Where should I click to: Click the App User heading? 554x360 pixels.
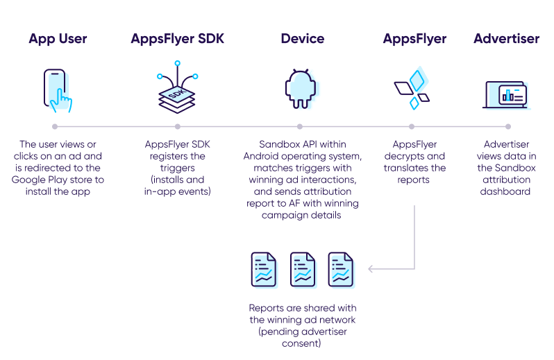(x=58, y=39)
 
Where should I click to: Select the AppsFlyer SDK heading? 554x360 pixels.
(x=177, y=39)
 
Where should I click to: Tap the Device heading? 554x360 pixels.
(x=302, y=39)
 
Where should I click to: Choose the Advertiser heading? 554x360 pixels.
(x=506, y=39)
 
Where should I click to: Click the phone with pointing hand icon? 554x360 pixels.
(x=58, y=90)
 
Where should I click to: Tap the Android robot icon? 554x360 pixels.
(x=301, y=90)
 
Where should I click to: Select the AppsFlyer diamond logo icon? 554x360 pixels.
(x=412, y=89)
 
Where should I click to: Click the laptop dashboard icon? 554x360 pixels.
(x=506, y=94)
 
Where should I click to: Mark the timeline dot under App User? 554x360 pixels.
(x=55, y=127)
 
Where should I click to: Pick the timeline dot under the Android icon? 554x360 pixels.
(x=300, y=127)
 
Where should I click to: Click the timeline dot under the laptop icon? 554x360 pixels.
(x=508, y=127)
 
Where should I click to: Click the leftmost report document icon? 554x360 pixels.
(x=264, y=269)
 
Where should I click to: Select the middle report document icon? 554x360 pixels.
(x=303, y=269)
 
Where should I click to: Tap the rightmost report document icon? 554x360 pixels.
(x=341, y=269)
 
